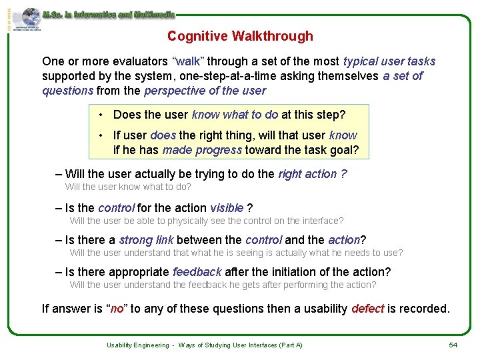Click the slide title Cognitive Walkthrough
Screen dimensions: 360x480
(240, 36)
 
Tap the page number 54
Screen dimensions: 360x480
(453, 345)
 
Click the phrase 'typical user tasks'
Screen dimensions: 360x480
(389, 61)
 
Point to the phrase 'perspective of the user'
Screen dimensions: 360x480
(205, 91)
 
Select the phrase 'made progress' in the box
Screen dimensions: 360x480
(202, 150)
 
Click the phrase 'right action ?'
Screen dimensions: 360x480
(312, 174)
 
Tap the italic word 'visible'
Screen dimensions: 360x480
(227, 208)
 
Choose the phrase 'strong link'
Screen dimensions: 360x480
(146, 240)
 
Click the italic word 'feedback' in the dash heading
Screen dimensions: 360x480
(197, 272)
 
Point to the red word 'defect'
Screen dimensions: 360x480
(367, 309)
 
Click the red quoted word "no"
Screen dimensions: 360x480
(117, 309)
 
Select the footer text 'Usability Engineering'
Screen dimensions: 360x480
(137, 345)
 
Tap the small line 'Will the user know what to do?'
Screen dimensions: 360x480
(128, 187)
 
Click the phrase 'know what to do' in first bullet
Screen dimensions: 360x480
(235, 115)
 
